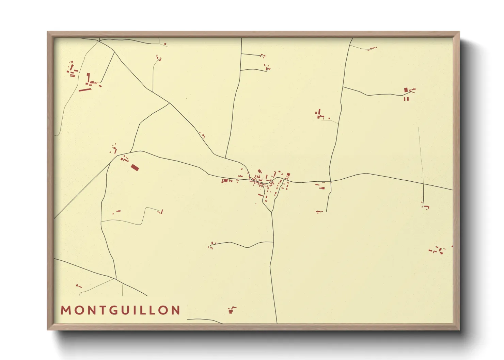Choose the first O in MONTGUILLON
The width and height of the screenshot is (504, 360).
click(77, 310)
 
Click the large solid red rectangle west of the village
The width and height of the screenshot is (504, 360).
click(135, 167)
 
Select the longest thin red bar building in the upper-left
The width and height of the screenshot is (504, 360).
click(85, 90)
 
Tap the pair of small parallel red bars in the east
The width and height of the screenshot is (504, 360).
click(406, 99)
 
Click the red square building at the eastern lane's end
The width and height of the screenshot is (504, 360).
click(406, 90)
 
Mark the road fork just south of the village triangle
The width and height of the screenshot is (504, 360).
click(272, 212)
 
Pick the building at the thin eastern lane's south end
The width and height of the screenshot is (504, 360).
click(425, 206)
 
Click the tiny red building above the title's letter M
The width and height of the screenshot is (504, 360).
click(78, 286)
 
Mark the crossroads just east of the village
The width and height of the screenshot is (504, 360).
click(330, 181)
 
